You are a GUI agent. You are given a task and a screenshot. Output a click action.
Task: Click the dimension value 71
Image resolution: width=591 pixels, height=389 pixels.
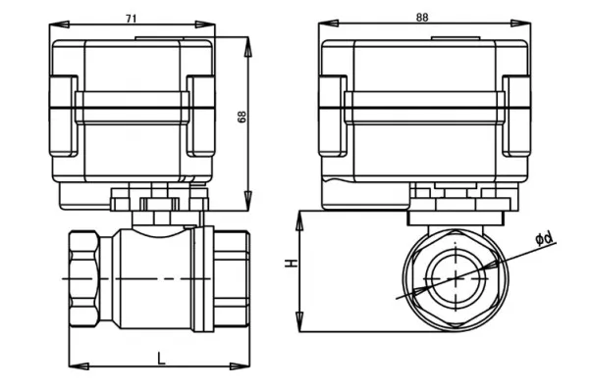click(132, 19)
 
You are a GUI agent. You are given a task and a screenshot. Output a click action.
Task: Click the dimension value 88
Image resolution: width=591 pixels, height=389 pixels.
click(422, 18)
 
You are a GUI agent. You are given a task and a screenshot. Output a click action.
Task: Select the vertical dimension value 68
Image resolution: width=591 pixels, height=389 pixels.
click(242, 117)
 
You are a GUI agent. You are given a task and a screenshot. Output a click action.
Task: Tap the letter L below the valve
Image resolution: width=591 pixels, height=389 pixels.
click(161, 359)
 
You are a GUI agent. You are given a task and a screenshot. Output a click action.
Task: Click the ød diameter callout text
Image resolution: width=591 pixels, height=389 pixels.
click(544, 238)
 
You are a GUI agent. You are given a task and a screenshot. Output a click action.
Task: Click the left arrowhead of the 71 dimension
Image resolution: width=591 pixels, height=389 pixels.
click(59, 24)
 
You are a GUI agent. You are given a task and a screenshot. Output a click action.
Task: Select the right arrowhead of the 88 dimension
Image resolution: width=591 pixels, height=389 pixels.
click(520, 24)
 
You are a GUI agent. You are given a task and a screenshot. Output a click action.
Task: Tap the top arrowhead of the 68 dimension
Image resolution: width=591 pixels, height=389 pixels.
click(247, 47)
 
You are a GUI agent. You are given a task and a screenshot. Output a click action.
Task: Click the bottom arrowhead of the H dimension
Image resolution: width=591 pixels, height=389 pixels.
click(299, 321)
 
